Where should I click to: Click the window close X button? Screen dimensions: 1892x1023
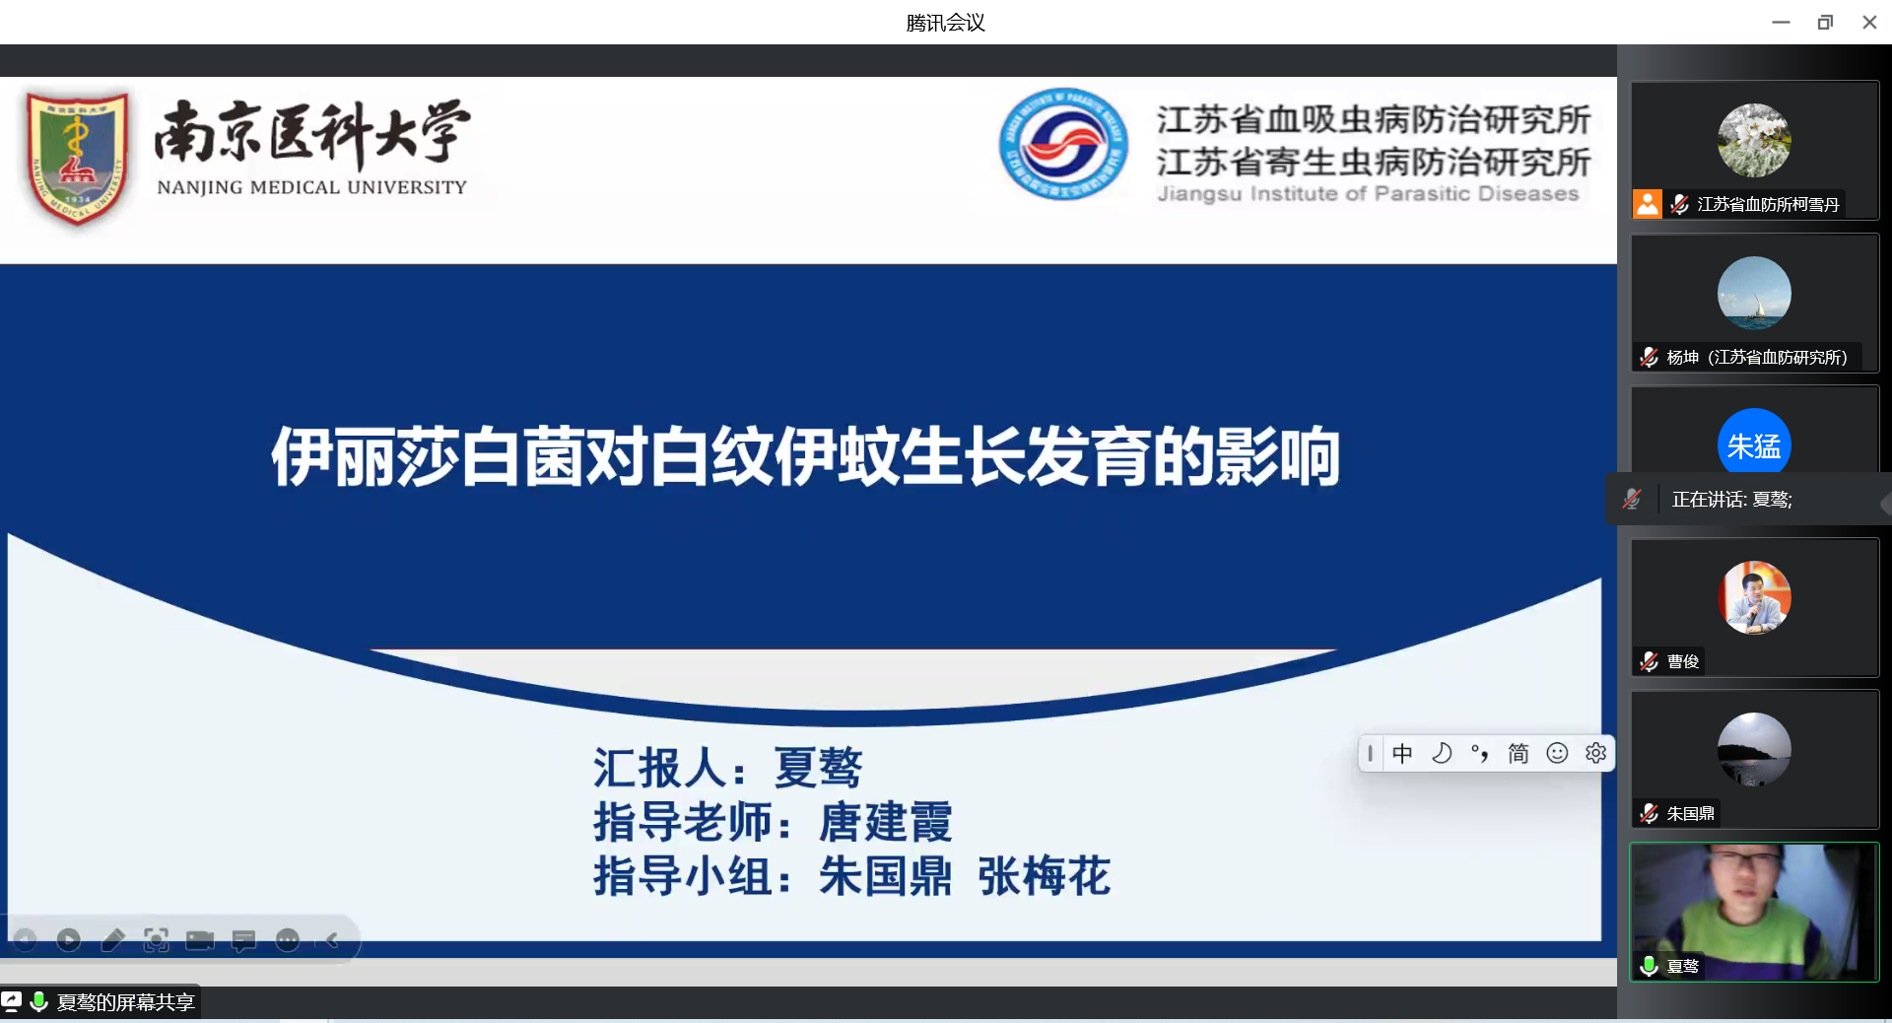coord(1869,22)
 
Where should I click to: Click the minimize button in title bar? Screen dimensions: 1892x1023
coord(1781,22)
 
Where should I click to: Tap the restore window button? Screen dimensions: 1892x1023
coord(1825,22)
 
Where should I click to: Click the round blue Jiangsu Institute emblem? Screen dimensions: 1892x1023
coord(1063,144)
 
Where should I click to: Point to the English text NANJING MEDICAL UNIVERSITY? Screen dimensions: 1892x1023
coord(311,187)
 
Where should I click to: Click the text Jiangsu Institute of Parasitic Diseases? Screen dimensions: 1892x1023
coord(1368,194)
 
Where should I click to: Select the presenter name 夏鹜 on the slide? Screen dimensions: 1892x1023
coord(818,768)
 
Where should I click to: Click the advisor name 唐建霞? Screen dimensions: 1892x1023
coord(885,822)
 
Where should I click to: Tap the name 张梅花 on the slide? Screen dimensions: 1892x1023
coord(1044,876)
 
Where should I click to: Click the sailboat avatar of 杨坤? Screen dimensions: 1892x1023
coord(1754,293)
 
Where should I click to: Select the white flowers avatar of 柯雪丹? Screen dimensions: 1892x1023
coord(1754,140)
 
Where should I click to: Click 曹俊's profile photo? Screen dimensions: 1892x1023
coord(1754,597)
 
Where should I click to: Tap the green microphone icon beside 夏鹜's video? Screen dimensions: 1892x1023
coord(1649,966)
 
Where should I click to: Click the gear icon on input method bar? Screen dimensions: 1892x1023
coord(1595,753)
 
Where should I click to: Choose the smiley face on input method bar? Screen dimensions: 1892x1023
coord(1557,753)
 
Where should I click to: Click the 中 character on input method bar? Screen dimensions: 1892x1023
coord(1402,753)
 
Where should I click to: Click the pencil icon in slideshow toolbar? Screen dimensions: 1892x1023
coord(112,940)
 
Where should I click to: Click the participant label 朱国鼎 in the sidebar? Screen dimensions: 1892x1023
coord(1690,814)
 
